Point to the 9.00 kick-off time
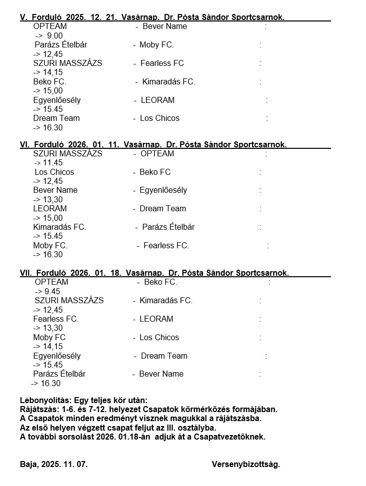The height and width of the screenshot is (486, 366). click(x=54, y=35)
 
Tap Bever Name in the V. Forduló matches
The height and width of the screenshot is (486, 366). click(x=165, y=26)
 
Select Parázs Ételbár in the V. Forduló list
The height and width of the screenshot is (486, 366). click(x=61, y=45)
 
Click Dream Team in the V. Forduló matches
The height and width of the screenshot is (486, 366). click(x=56, y=118)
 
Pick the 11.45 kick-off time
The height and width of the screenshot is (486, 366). click(x=53, y=163)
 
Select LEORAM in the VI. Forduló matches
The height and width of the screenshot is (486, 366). click(x=50, y=208)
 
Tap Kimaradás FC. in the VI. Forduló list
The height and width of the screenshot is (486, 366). click(x=60, y=227)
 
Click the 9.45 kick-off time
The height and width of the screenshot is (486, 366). click(x=52, y=291)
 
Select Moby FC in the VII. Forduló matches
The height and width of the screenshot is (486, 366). click(x=49, y=337)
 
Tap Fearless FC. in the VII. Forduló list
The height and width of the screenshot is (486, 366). click(x=56, y=319)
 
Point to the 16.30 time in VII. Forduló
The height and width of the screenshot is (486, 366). click(x=50, y=384)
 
